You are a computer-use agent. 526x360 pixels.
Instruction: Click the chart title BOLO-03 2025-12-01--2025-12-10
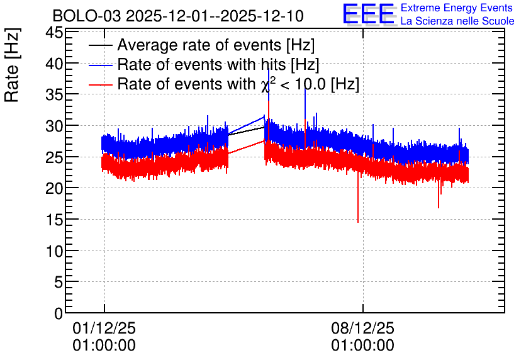pyautogui.click(x=178, y=16)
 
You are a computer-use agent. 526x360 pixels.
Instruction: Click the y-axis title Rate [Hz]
pyautogui.click(x=12, y=65)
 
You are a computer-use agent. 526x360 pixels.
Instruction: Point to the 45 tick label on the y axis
pyautogui.click(x=54, y=33)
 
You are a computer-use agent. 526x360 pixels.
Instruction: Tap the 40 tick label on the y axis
pyautogui.click(x=54, y=64)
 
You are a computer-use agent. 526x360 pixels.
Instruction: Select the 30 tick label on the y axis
pyautogui.click(x=54, y=127)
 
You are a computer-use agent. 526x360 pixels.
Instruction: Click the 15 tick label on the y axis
pyautogui.click(x=54, y=220)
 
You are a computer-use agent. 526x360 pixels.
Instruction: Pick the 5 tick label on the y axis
pyautogui.click(x=59, y=283)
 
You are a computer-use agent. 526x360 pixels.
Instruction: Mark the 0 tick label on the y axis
pyautogui.click(x=59, y=313)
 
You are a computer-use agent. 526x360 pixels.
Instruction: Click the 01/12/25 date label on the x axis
pyautogui.click(x=104, y=328)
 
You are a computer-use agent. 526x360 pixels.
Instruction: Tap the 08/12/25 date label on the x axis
pyautogui.click(x=362, y=328)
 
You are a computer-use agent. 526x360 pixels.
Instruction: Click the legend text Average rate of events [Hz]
pyautogui.click(x=216, y=45)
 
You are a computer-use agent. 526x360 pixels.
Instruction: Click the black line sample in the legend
pyautogui.click(x=100, y=45)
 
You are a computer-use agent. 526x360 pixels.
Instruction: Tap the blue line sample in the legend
pyautogui.click(x=100, y=65)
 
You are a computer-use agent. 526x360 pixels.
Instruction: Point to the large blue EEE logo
pyautogui.click(x=369, y=14)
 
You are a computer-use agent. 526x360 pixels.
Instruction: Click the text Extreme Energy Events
pyautogui.click(x=457, y=8)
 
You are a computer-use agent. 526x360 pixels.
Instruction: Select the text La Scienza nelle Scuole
pyautogui.click(x=457, y=21)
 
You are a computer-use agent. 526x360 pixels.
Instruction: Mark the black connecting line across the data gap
pyautogui.click(x=246, y=131)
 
